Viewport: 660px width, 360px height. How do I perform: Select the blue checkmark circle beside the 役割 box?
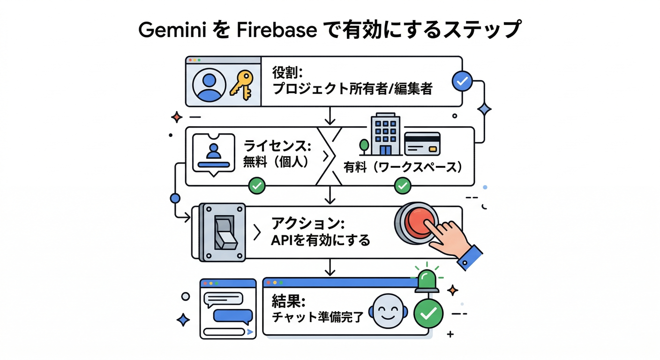(463, 81)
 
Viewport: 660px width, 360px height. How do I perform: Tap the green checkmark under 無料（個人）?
(256, 186)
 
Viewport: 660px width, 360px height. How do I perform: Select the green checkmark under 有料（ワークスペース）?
(402, 186)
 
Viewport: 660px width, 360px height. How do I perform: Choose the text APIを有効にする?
(321, 240)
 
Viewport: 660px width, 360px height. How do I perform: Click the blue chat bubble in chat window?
(230, 316)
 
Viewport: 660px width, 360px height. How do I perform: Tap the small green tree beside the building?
(363, 146)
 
